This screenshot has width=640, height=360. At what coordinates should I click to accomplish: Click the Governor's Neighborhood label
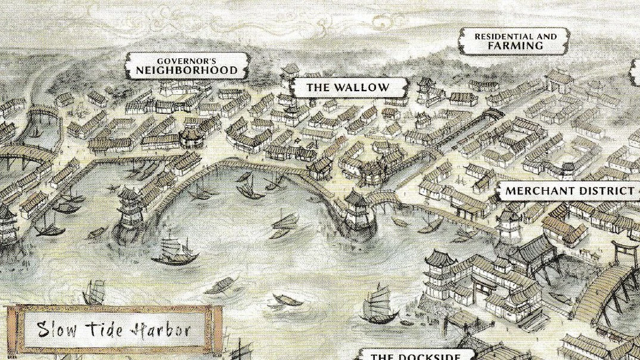(x=188, y=66)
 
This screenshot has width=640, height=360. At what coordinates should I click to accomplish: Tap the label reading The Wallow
(x=347, y=88)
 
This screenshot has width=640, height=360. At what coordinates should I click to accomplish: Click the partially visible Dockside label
(x=415, y=355)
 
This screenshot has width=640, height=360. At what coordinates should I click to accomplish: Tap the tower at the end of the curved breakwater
(x=356, y=210)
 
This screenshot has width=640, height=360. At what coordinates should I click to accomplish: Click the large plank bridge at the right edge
(x=614, y=292)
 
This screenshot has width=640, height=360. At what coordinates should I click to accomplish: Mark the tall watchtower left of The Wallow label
(x=290, y=77)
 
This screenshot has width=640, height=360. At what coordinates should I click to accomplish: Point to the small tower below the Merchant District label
(x=508, y=225)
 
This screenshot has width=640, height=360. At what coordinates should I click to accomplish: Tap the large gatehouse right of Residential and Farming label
(x=559, y=80)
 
